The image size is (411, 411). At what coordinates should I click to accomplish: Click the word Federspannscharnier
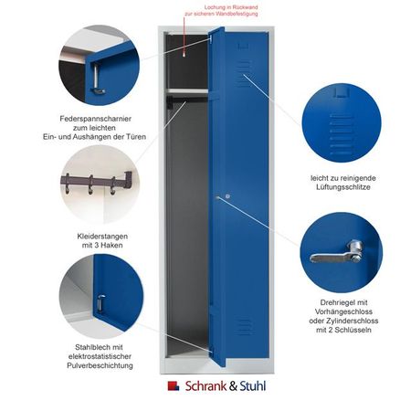pyautogui.click(x=95, y=119)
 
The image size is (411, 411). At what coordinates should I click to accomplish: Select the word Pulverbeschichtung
pyautogui.click(x=100, y=365)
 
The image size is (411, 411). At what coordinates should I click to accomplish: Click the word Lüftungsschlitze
pyautogui.click(x=343, y=187)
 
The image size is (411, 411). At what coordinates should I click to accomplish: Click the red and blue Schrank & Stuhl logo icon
pyautogui.click(x=174, y=385)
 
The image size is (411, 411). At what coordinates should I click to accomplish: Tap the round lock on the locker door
pyautogui.click(x=227, y=196)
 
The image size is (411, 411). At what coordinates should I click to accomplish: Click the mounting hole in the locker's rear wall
pyautogui.click(x=184, y=55)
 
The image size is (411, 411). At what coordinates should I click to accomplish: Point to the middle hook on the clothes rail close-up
pyautogui.click(x=90, y=185)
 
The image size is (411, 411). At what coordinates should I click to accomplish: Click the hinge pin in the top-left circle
pyautogui.click(x=97, y=79)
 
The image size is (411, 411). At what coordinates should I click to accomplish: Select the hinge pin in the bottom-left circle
pyautogui.click(x=100, y=303)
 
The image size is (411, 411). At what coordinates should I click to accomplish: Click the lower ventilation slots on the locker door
pyautogui.click(x=244, y=327)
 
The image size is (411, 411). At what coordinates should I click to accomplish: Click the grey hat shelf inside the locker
pyautogui.click(x=187, y=90)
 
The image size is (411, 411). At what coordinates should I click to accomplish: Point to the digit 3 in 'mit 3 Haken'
pyautogui.click(x=94, y=245)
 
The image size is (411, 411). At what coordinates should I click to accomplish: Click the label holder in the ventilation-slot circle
pyautogui.click(x=342, y=92)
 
